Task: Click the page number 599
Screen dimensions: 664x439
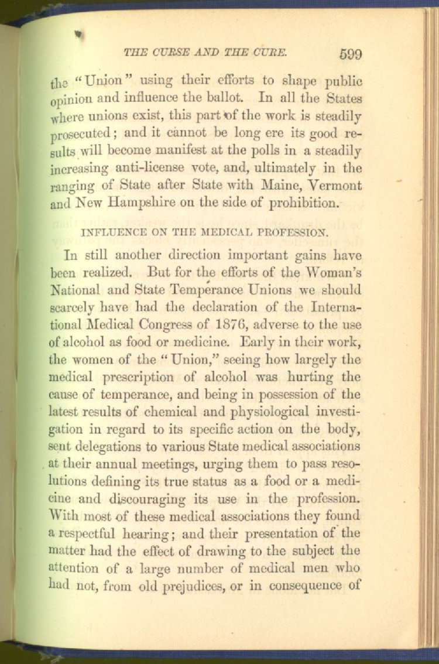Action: (x=350, y=54)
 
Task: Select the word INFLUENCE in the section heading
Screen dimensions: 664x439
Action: (x=109, y=231)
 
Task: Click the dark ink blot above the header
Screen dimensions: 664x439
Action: (x=77, y=35)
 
